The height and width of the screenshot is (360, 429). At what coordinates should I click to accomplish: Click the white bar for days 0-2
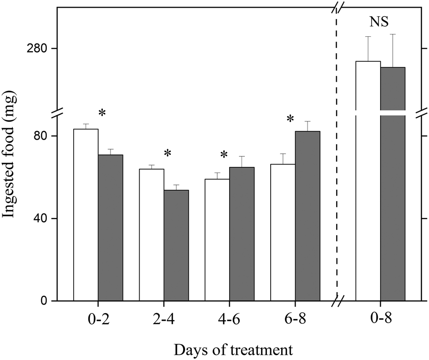coord(86,215)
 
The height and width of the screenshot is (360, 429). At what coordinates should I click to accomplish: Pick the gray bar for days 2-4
coord(176,246)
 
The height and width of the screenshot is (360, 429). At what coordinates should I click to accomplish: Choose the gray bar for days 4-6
coord(242,234)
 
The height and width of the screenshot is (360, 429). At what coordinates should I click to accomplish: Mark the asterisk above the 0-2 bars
coord(102,113)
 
